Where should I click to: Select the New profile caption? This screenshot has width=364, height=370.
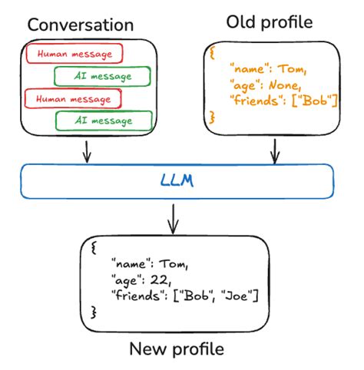[177, 349]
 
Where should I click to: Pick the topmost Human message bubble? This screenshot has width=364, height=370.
[73, 54]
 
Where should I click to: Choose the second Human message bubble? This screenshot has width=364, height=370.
[73, 98]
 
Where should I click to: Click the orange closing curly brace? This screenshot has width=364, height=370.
[213, 115]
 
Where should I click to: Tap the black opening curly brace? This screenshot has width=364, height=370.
[94, 249]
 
